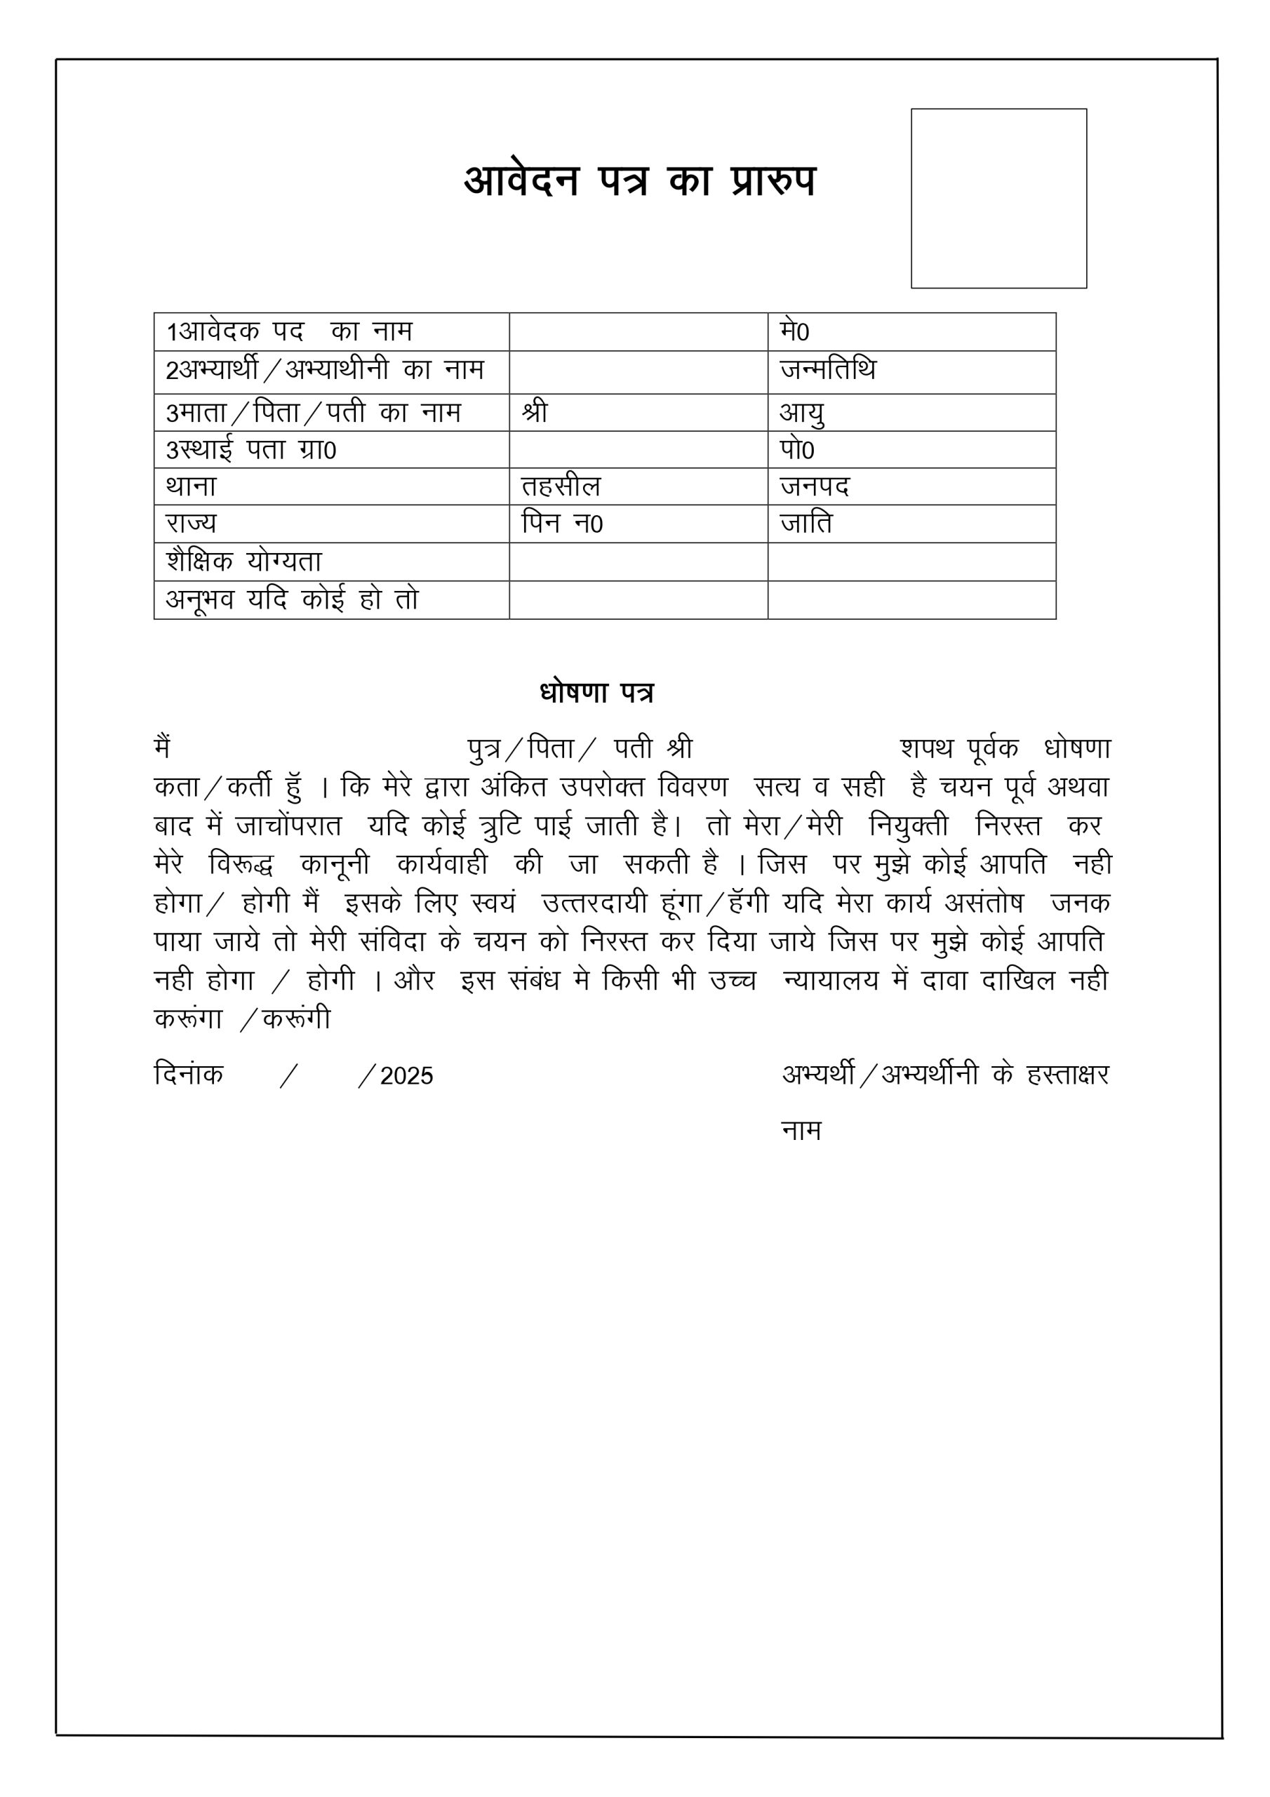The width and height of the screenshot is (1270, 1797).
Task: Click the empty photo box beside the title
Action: [x=998, y=198]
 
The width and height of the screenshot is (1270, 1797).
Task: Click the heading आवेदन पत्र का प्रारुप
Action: [x=639, y=181]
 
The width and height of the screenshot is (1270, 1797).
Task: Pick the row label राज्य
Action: [x=191, y=523]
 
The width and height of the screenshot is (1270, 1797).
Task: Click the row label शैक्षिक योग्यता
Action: [x=244, y=561]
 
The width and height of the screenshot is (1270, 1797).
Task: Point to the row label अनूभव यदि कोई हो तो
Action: [x=292, y=599]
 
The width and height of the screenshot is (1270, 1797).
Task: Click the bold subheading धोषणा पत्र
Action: [x=596, y=693]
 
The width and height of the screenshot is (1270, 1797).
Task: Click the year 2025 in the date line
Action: [x=406, y=1076]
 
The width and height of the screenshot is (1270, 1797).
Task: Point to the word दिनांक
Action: [x=189, y=1074]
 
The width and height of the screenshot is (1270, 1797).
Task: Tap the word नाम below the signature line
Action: [x=801, y=1131]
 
